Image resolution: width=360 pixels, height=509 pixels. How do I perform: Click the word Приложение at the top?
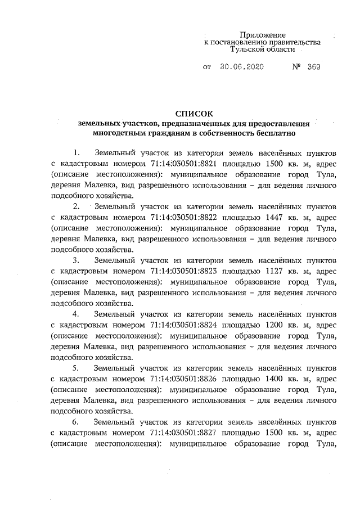pyautogui.click(x=263, y=35)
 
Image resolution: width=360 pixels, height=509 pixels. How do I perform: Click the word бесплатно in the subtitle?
pyautogui.click(x=273, y=133)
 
